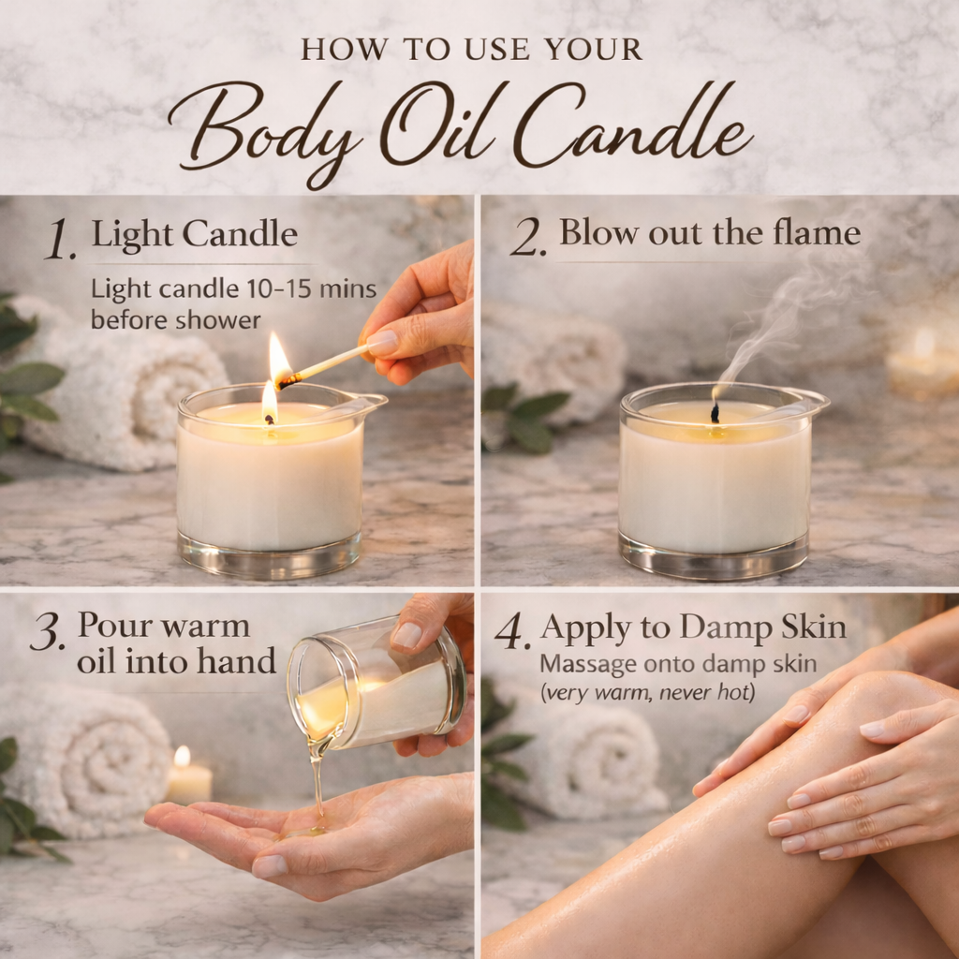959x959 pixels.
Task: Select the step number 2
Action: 527,240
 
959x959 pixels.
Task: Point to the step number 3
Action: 47,635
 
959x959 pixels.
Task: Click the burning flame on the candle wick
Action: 270,403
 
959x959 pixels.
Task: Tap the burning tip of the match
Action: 281,363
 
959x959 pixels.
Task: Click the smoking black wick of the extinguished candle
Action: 715,411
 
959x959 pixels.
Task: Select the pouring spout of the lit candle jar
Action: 370,403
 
